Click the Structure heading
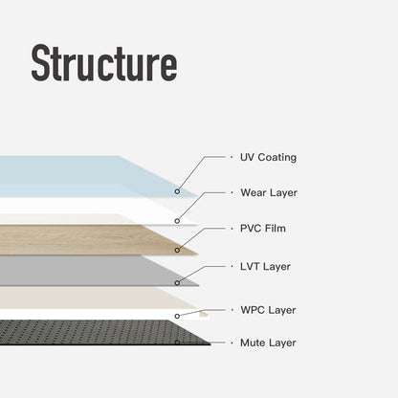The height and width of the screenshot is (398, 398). tap(103, 63)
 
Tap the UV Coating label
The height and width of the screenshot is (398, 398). tap(269, 157)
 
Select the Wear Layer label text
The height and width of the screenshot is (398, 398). tap(268, 192)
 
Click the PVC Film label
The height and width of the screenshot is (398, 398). tap(263, 228)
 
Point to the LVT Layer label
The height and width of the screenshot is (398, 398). tap(266, 266)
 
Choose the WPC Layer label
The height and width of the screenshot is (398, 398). tap(268, 310)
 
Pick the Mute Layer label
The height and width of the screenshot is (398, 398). tap(268, 342)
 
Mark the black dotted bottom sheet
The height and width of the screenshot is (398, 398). tap(86, 332)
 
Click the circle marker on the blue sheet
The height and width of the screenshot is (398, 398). tap(177, 191)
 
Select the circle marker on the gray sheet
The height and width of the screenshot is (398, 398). tap(178, 282)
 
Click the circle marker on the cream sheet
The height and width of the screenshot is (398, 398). tap(177, 314)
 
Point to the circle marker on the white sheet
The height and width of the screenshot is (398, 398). tap(177, 220)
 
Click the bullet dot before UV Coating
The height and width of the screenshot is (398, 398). tap(231, 157)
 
